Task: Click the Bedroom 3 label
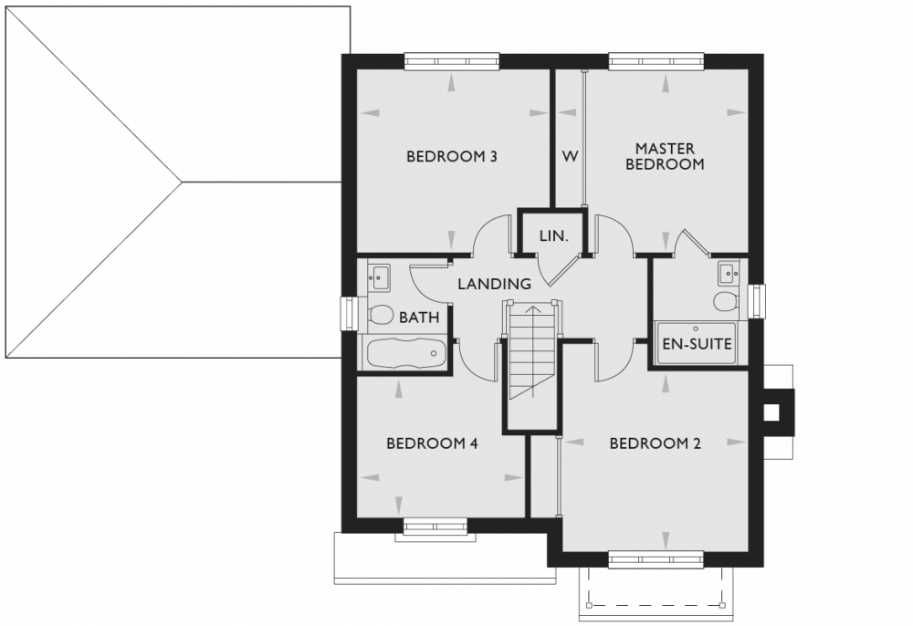click(451, 156)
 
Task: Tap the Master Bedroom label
click(665, 156)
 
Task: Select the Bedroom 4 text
click(432, 444)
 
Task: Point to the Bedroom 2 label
click(655, 444)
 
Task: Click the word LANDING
click(494, 284)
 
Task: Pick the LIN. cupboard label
click(553, 235)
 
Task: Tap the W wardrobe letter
click(569, 156)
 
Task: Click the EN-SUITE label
click(698, 347)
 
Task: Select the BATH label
click(419, 318)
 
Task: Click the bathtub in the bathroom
click(404, 353)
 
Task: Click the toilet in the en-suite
click(727, 302)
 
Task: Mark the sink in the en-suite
click(728, 272)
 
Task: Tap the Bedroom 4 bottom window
click(436, 524)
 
